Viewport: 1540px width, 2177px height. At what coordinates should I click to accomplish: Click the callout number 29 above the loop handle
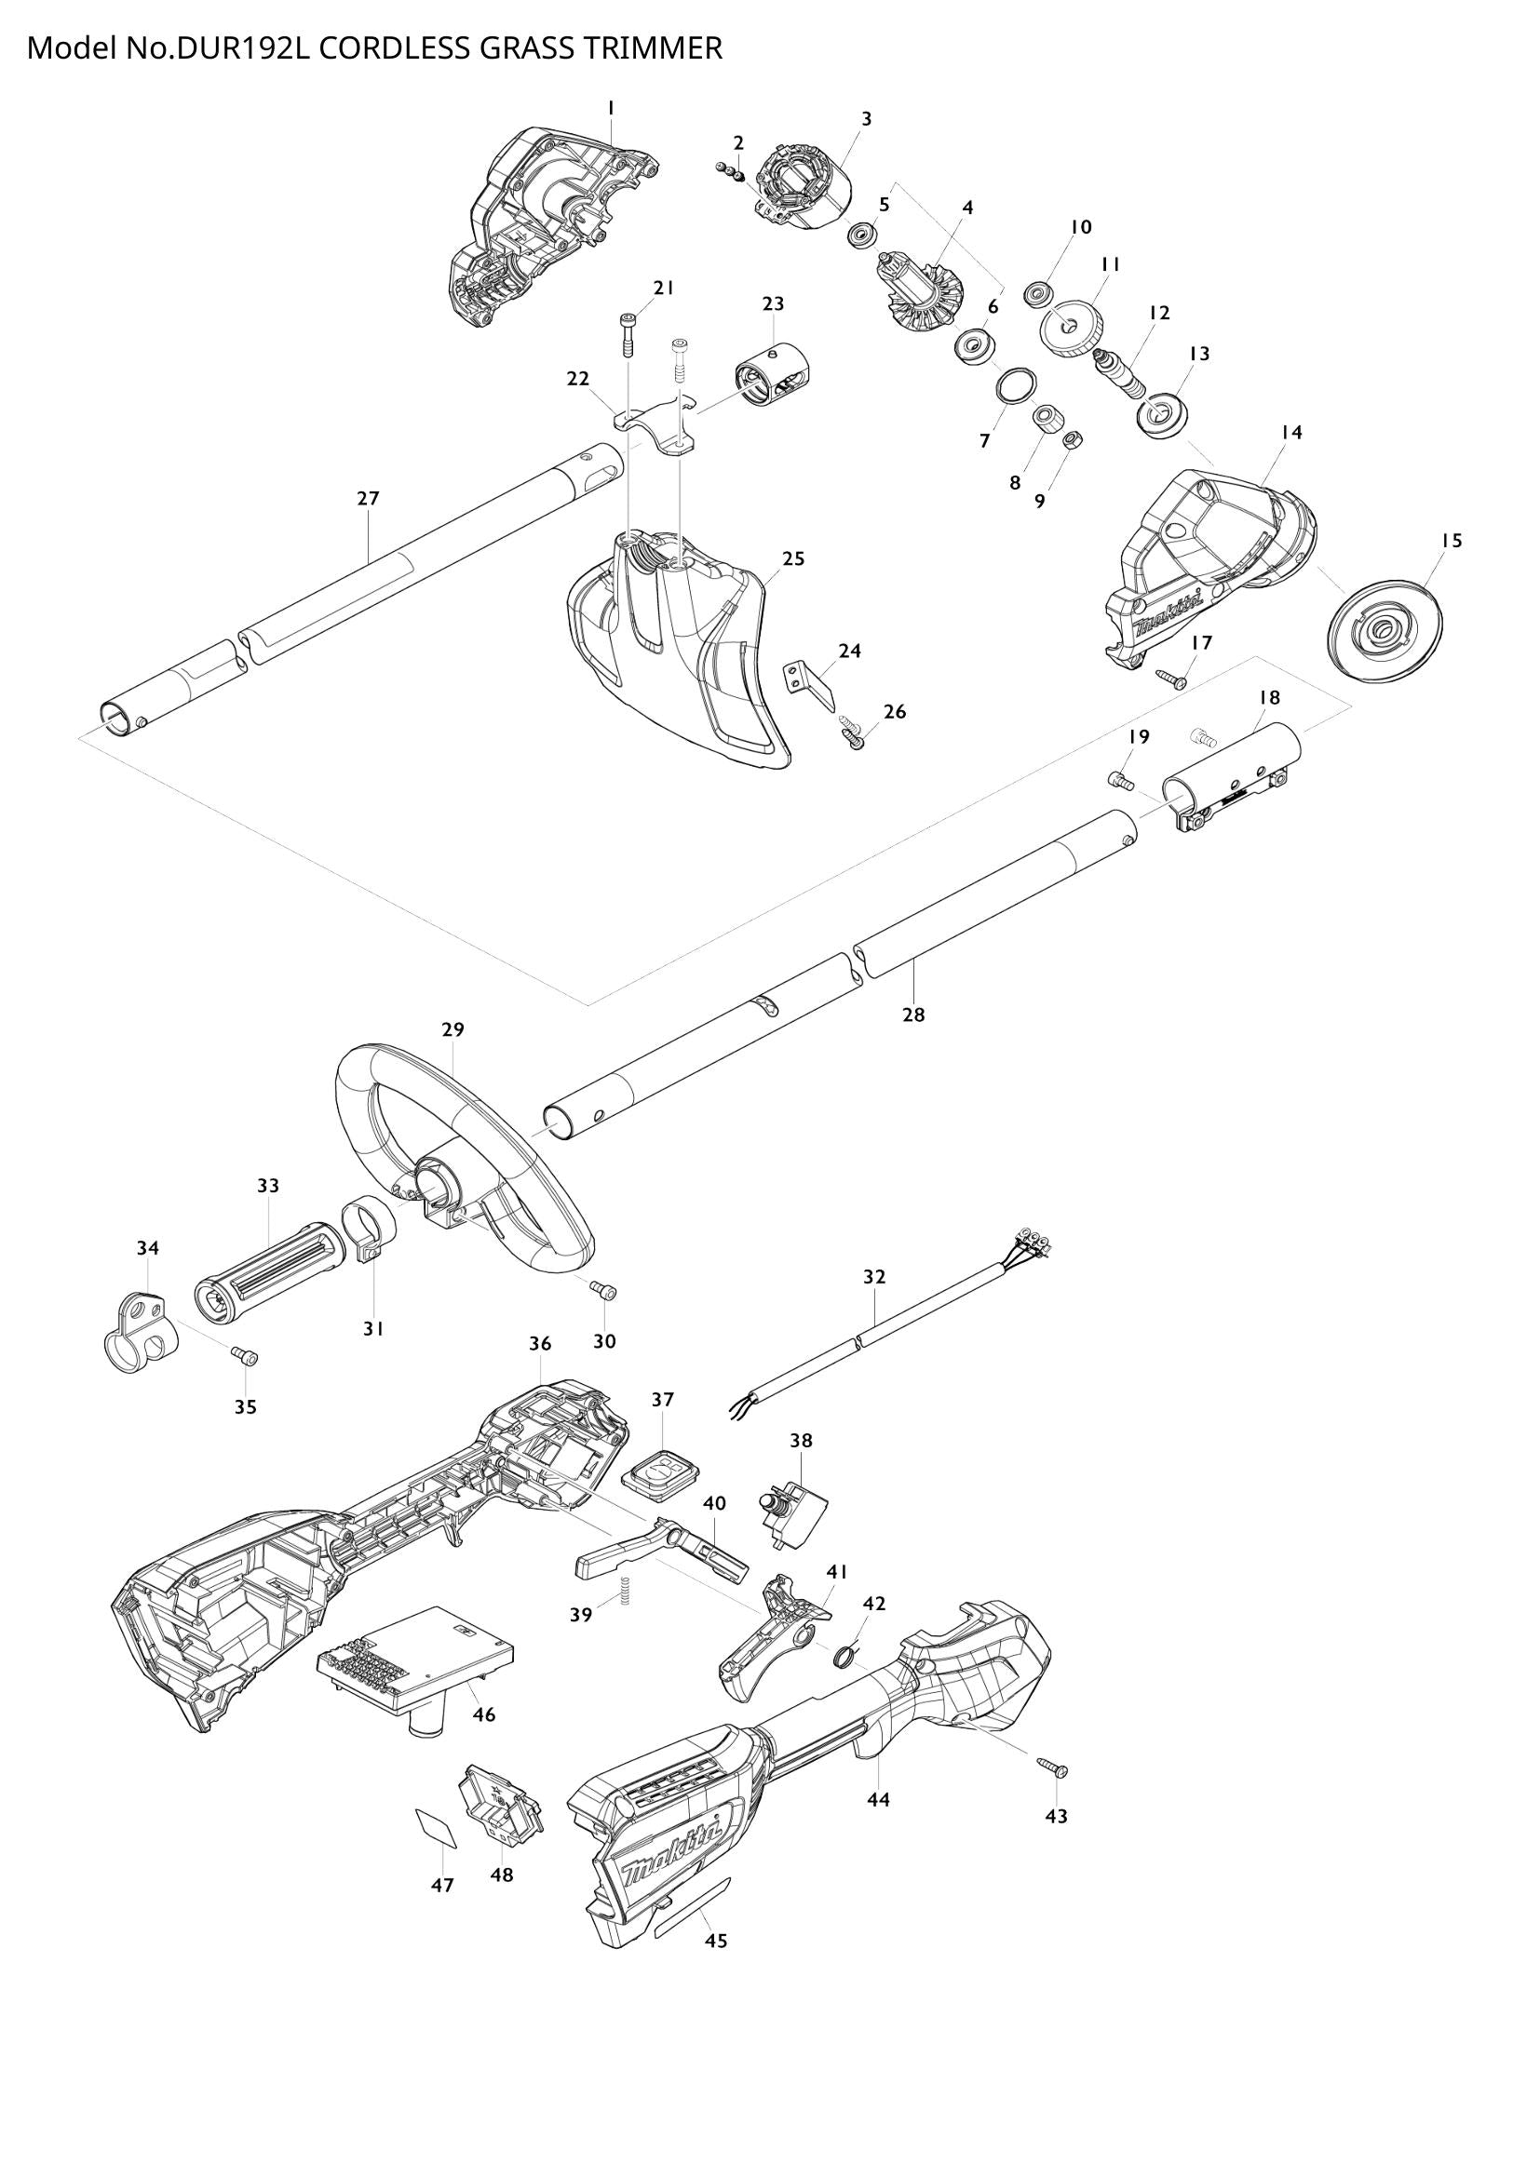453,1028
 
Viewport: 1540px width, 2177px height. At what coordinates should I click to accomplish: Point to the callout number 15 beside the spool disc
1451,541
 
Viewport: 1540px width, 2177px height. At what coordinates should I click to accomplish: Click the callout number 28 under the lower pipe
912,1015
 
